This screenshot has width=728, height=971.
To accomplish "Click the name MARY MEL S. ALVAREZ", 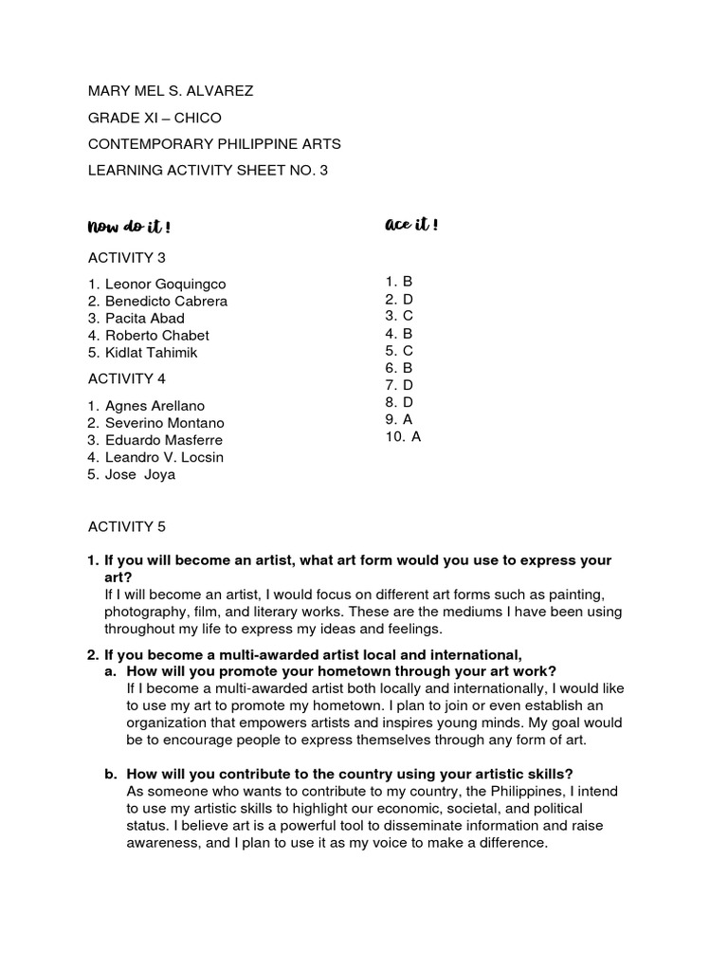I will (x=171, y=91).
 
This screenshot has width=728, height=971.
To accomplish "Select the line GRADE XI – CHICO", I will (x=155, y=118).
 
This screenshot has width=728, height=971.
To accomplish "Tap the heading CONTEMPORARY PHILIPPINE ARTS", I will (x=214, y=144).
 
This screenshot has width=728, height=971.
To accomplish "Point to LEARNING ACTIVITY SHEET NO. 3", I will (x=208, y=171).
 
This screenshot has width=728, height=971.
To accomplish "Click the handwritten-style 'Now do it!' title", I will (x=129, y=227).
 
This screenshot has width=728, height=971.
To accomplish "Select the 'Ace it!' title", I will (x=411, y=225).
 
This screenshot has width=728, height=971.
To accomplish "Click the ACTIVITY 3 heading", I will (x=127, y=258).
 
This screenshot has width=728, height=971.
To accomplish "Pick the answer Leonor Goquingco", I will (x=165, y=284).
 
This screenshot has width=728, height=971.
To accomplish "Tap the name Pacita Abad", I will (x=144, y=319).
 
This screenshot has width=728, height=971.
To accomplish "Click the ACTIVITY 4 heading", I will (x=127, y=379).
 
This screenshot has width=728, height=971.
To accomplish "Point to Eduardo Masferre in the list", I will (x=163, y=440).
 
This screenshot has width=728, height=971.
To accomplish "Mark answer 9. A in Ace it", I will (x=398, y=419).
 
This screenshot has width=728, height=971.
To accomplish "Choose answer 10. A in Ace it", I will (x=402, y=436).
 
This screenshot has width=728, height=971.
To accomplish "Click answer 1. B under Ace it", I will (x=398, y=282).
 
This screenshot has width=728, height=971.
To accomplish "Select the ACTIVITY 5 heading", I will (x=127, y=526).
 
